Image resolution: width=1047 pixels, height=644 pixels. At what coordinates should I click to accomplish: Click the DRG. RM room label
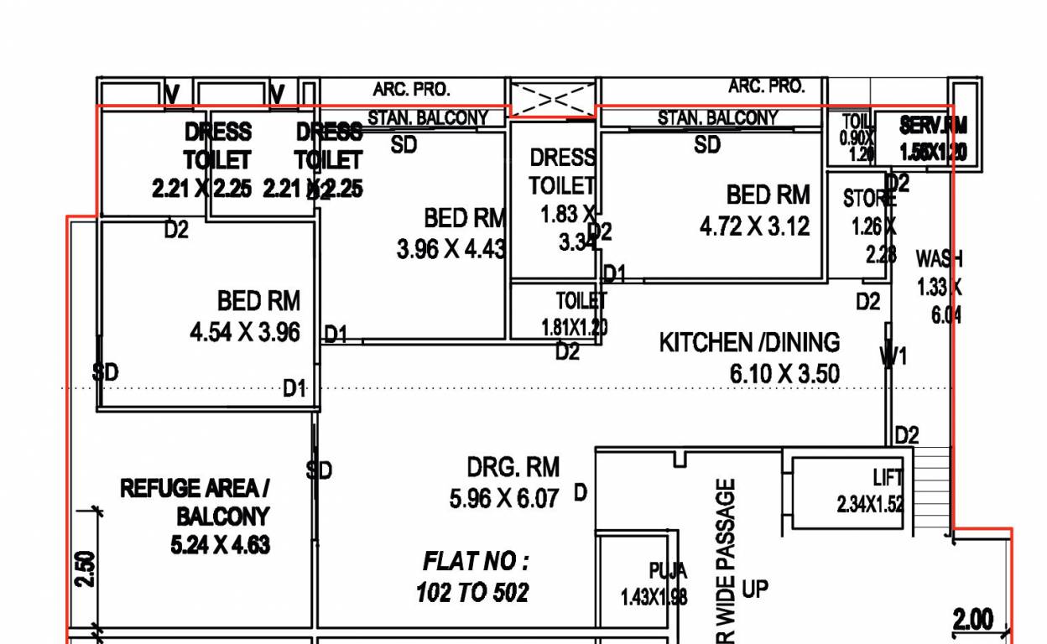coord(513,467)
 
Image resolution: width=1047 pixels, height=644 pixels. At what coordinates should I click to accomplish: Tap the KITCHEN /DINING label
coord(749,342)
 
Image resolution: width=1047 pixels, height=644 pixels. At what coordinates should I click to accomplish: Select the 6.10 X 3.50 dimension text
coord(784,373)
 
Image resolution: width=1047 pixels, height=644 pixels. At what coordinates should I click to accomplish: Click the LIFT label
coord(887,478)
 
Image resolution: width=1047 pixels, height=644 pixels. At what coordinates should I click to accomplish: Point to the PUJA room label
coord(668,572)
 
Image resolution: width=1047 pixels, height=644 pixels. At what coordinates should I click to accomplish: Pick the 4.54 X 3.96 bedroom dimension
coord(245,332)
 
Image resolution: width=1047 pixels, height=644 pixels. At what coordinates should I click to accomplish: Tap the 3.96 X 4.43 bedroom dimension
coord(451,249)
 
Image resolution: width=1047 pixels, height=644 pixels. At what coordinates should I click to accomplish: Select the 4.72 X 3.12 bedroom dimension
coord(755,226)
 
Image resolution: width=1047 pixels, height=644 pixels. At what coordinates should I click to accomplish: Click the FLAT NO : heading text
coord(476,560)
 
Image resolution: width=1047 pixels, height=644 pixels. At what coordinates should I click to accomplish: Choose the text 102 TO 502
coord(472,593)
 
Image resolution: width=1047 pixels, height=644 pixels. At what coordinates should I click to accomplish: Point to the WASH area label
coord(939,257)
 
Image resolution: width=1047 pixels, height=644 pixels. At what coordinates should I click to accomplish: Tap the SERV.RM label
coord(933,126)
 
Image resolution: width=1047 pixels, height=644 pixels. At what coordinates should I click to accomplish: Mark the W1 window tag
coord(893,357)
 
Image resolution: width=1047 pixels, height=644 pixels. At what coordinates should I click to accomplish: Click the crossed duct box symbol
coord(554,99)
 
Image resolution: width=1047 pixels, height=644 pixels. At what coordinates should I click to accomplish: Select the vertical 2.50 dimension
coord(86,569)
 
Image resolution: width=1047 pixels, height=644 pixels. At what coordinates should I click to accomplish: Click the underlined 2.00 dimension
coord(973,620)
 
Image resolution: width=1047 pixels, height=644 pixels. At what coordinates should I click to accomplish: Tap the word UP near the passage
coord(754,589)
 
